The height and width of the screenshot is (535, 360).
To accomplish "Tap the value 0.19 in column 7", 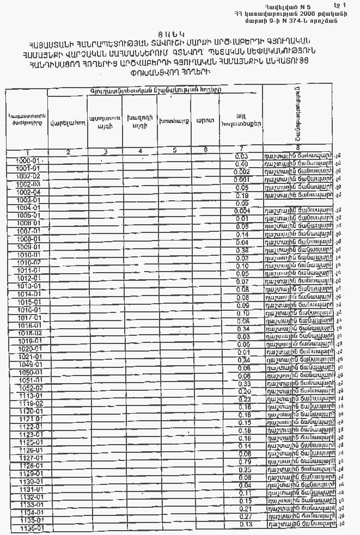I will point(242,195).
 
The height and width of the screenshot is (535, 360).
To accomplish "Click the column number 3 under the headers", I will point(105,151).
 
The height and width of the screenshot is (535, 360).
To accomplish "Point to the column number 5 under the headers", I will point(174,150).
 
